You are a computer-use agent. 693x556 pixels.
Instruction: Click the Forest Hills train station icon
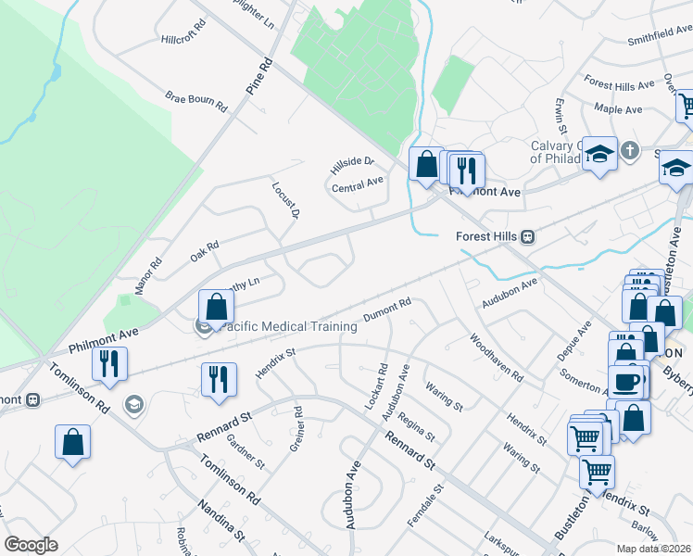(527, 236)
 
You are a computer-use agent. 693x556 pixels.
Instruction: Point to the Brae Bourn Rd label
(196, 101)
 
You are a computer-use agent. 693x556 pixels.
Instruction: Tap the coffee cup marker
(627, 381)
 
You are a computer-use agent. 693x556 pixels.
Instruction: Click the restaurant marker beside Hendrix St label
(219, 380)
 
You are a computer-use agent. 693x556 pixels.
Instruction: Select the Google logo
(31, 545)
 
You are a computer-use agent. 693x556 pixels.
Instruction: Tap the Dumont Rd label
(386, 310)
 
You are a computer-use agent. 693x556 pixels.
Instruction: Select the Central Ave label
(358, 183)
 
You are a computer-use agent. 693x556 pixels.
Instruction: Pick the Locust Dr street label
(285, 200)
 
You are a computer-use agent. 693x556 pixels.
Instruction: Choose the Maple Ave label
(619, 109)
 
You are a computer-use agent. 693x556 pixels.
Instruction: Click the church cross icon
(629, 150)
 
